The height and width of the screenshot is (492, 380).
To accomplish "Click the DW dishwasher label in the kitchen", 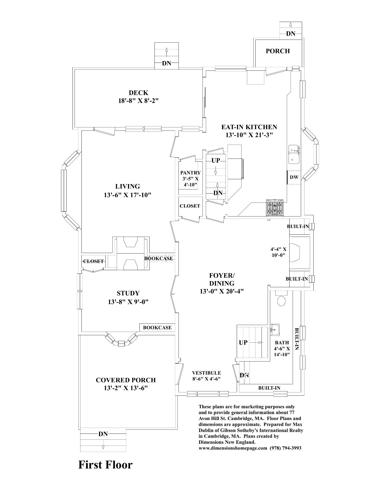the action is click(294, 177).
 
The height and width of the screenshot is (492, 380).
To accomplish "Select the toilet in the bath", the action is click(281, 301).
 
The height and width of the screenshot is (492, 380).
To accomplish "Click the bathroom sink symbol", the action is click(275, 330).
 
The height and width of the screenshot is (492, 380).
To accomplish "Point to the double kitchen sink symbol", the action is click(294, 154).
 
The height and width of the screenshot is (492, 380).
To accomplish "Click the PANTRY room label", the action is click(191, 173).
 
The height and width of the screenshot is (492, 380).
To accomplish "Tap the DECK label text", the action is click(138, 93).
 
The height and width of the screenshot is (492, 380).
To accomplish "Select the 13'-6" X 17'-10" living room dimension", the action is click(128, 195).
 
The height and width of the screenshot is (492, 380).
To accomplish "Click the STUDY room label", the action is click(128, 293).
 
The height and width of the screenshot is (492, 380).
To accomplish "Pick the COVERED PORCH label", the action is click(126, 380).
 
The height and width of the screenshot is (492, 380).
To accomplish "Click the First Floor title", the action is click(105, 465).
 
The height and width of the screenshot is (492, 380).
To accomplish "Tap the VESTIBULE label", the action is click(206, 373).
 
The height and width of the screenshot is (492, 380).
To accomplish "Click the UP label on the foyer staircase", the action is click(243, 342).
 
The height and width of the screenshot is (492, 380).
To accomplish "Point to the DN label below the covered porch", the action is click(103, 434).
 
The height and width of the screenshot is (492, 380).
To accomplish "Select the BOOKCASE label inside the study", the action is click(157, 328).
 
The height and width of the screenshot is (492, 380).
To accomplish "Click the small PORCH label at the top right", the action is click(278, 51).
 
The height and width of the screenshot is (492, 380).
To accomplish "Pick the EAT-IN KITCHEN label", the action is click(249, 127).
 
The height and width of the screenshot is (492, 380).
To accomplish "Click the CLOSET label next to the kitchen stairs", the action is click(190, 206).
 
